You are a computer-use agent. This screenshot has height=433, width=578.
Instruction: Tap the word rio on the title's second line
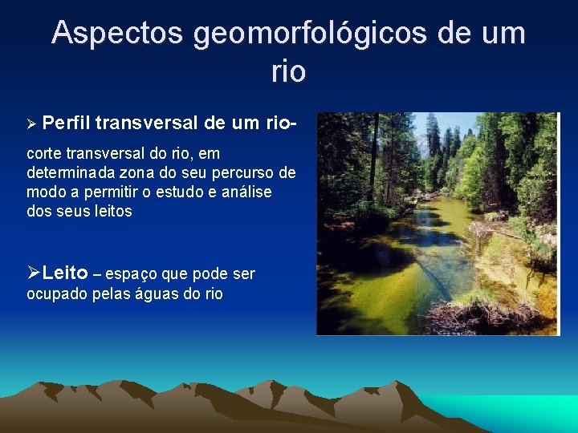288,71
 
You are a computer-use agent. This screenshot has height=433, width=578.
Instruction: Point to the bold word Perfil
66,123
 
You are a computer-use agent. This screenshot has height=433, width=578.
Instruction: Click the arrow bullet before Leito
33,273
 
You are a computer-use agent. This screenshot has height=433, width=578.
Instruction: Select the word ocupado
53,293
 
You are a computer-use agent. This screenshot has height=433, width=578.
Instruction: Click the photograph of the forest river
437,223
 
